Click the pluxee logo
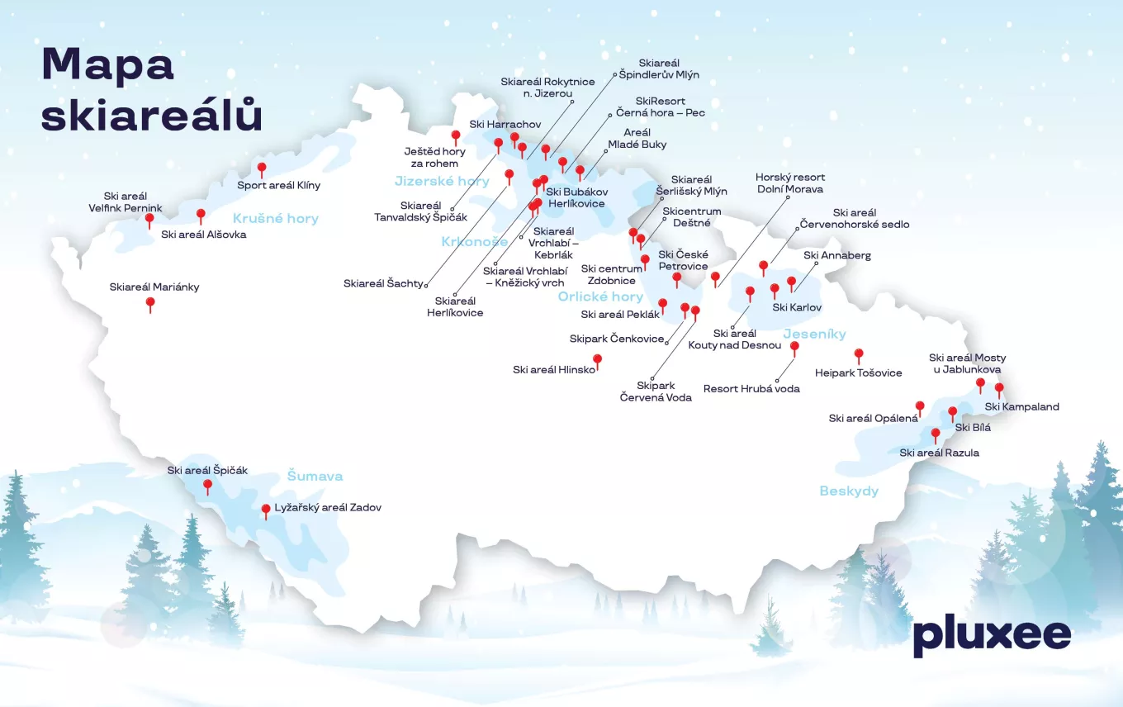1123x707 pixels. [992, 636]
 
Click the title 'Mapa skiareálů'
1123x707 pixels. [151, 90]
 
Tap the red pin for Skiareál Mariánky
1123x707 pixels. [150, 304]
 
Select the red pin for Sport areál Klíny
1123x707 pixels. [262, 169]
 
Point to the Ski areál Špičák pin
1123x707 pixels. [207, 486]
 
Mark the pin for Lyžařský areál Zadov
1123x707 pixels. [266, 510]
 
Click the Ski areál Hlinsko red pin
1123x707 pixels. [597, 360]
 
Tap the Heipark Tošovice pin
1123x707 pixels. [859, 355]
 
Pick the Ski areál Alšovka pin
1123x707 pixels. [201, 216]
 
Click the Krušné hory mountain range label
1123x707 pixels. [276, 219]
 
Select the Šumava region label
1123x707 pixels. [315, 476]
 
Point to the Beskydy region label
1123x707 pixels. [849, 491]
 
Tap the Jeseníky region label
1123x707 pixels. [815, 335]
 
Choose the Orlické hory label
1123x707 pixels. [600, 297]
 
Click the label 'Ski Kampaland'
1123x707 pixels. [1021, 406]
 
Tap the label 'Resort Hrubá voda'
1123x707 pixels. [751, 388]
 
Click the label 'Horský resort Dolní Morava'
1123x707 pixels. [790, 183]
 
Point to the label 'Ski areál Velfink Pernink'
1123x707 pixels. [126, 202]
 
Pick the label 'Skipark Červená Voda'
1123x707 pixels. [656, 391]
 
